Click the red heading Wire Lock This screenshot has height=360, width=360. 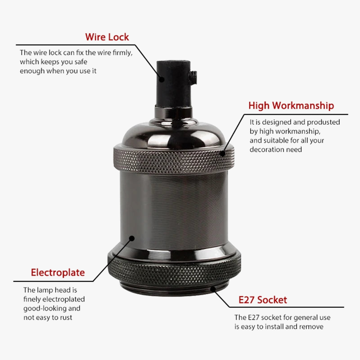pos(107,37)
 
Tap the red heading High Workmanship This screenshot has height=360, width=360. pos(291,106)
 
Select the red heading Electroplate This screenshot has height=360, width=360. pos(58,273)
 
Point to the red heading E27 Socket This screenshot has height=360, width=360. pos(263,300)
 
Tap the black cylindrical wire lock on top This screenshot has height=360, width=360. pos(174,84)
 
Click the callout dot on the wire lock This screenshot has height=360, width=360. pos(162,80)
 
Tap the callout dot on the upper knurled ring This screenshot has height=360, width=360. pos(222,153)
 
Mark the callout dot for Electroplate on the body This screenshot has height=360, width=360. pos(132,238)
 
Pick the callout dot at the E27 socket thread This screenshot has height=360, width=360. pos(213,289)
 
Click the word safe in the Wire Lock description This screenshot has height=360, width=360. pos(81,62)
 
